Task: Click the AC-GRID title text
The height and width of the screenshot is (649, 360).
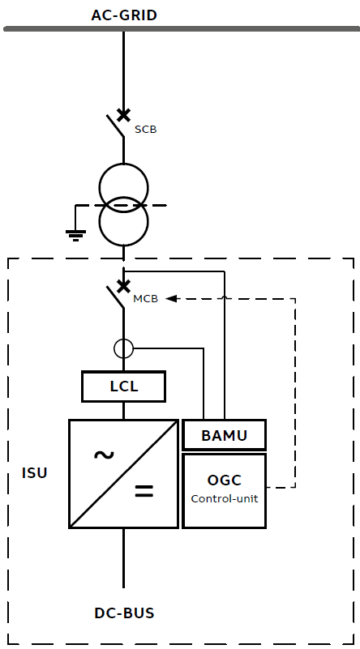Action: coord(124,15)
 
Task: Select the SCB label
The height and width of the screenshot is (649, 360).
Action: coord(145,129)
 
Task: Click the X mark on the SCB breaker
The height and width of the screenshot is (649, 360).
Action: coord(123,114)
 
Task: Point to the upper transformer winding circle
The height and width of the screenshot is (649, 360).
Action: coord(123,186)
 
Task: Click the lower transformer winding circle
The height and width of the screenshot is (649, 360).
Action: coord(123,220)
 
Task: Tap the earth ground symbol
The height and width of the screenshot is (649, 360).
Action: coord(75,235)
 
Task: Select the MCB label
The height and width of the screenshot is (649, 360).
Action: coord(145,299)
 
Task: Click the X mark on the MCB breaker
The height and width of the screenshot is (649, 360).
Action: coord(123,285)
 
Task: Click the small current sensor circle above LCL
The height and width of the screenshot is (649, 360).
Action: coord(123,348)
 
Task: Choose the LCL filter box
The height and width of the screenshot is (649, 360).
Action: coord(123,386)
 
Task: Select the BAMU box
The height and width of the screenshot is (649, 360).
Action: coord(224,436)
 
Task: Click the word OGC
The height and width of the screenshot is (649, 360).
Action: coord(224,480)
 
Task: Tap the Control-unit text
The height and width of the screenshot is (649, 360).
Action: coord(224,498)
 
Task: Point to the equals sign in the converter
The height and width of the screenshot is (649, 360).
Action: coord(144,491)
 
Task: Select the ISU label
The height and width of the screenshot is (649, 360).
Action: coord(34,472)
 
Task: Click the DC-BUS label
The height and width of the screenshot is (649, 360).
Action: coord(124,613)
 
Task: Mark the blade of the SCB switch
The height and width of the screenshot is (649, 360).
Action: coord(115,126)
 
